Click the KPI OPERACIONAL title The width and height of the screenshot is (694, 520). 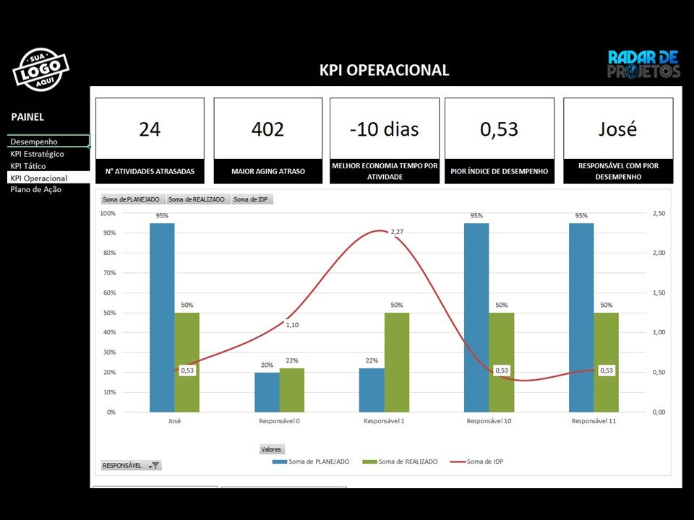[x=384, y=70]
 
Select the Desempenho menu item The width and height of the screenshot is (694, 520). [x=34, y=142]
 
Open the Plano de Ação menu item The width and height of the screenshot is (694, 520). [x=36, y=189]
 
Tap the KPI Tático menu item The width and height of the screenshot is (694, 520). [x=28, y=166]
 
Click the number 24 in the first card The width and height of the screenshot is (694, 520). [x=150, y=129]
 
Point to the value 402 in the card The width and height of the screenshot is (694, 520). [x=267, y=129]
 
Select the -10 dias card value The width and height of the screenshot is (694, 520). [x=384, y=129]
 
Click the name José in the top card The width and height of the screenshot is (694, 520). [x=617, y=129]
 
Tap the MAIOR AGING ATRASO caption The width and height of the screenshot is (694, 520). [x=267, y=171]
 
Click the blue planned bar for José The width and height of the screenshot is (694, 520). [x=162, y=318]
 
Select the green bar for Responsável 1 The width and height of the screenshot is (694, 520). [x=397, y=361]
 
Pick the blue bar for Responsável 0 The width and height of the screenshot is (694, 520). [x=267, y=392]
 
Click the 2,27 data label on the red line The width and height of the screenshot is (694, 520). [x=397, y=232]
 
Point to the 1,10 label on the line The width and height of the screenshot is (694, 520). [x=292, y=325]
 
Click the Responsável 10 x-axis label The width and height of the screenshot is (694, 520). [x=489, y=420]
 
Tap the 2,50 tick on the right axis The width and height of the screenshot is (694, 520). [x=659, y=214]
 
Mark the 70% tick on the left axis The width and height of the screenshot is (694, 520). [x=108, y=273]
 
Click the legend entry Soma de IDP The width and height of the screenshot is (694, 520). [x=478, y=461]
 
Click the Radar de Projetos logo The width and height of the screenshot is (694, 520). [x=643, y=64]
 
